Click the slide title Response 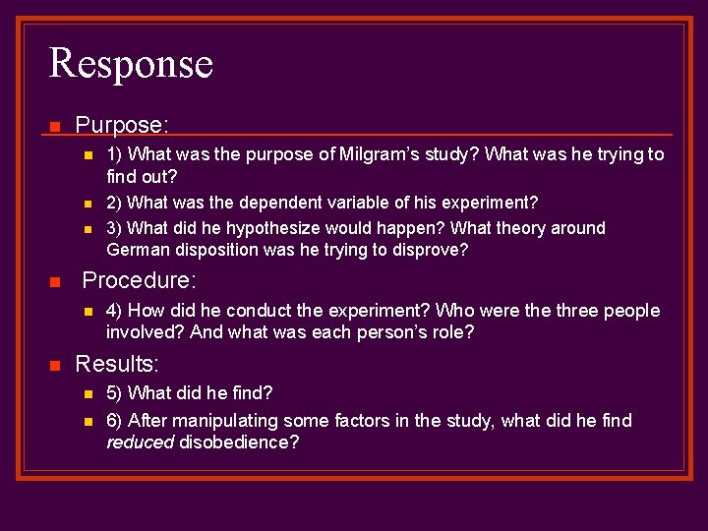131,64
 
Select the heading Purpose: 122,125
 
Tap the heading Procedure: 139,280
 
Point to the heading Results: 117,364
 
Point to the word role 453,332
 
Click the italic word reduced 140,442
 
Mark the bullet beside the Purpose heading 55,127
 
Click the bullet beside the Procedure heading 55,282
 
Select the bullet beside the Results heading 55,366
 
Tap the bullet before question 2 87,204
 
